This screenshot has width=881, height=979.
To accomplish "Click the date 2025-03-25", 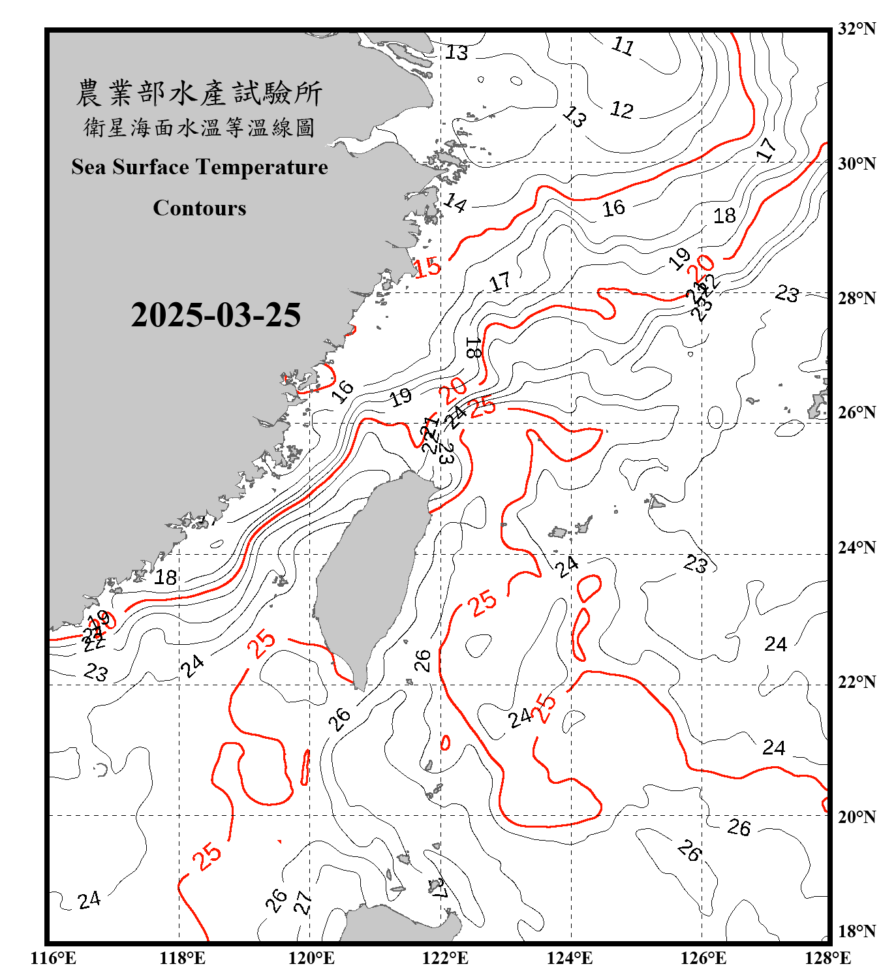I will [x=215, y=315].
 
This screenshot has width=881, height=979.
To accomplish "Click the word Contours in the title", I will [x=200, y=208].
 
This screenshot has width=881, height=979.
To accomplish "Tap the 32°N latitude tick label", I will [x=856, y=29].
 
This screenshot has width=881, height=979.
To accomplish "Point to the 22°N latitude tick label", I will [x=856, y=682].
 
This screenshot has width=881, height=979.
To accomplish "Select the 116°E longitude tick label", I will [x=54, y=958].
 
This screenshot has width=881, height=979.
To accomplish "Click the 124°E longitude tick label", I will [x=570, y=958].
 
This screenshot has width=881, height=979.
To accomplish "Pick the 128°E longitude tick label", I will [x=827, y=958].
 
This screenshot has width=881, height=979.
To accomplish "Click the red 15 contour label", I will [x=428, y=267].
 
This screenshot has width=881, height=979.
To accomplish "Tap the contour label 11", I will [x=623, y=46].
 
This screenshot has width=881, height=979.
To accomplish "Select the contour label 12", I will [x=622, y=110].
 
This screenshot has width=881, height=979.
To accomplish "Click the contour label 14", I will [x=456, y=203].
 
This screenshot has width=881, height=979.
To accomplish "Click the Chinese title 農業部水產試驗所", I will [x=200, y=93].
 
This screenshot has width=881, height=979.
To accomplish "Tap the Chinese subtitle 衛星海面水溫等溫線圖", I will [x=200, y=127].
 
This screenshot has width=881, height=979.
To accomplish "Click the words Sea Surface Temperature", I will [x=200, y=167].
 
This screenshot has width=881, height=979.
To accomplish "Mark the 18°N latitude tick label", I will [x=856, y=931].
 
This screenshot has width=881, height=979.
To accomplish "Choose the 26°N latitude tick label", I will [x=856, y=412].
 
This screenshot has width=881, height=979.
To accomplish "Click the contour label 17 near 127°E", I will [x=767, y=149].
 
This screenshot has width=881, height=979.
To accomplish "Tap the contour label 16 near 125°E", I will [x=613, y=208].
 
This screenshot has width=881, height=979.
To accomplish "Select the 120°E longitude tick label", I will [x=311, y=958].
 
